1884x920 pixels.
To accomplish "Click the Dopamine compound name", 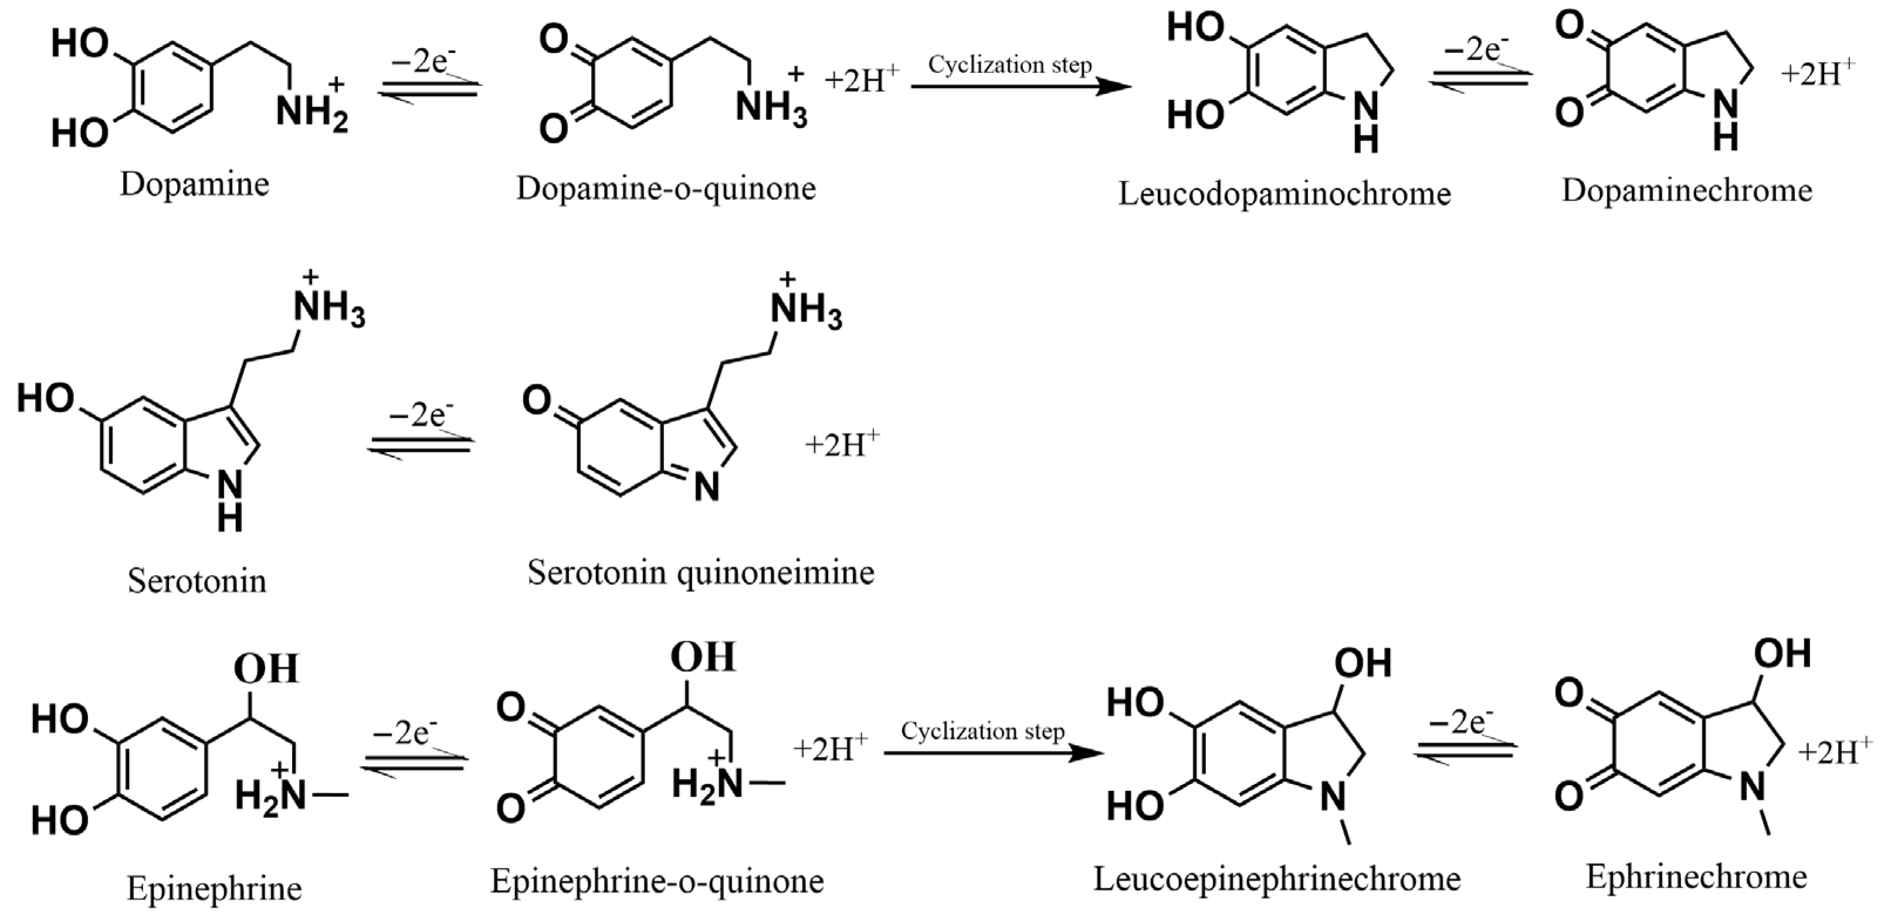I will [x=195, y=184].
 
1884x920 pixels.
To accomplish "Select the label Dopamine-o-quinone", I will [x=666, y=189].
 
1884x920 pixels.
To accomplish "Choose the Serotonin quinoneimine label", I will [x=701, y=573].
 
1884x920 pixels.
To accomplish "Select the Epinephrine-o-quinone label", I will [x=657, y=881].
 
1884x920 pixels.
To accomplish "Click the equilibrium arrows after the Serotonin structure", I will [x=421, y=443].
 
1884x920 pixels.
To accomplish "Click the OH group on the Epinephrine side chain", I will [x=266, y=669].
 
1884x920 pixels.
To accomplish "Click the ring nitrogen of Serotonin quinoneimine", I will [x=706, y=487].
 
